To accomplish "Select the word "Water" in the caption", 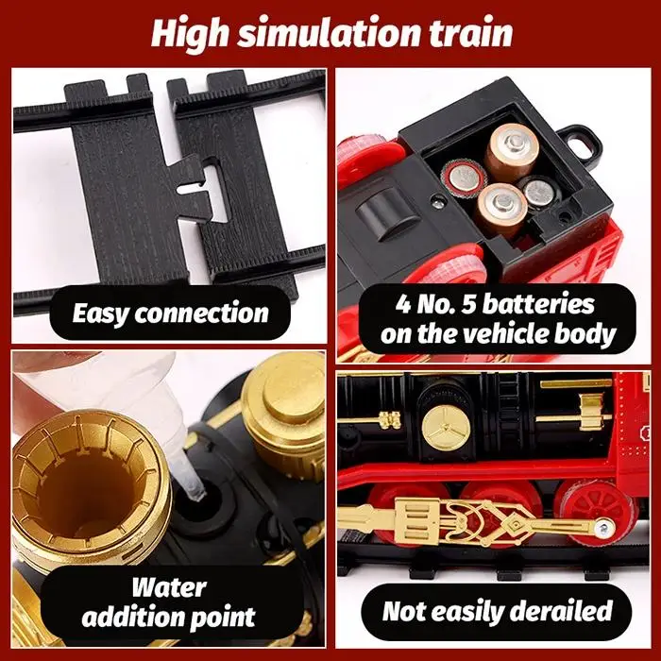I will point(168,588).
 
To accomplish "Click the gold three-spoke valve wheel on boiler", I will point(441,426).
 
